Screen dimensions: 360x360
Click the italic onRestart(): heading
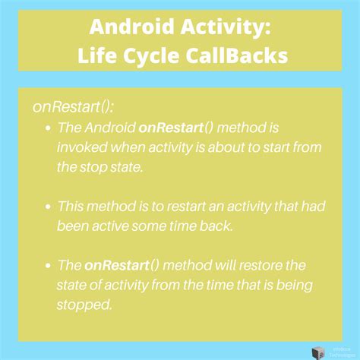point(71,106)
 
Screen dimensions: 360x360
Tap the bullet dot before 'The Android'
point(49,128)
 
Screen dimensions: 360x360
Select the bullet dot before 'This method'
point(49,206)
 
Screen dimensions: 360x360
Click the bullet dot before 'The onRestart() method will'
point(49,267)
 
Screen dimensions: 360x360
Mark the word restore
point(258,265)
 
